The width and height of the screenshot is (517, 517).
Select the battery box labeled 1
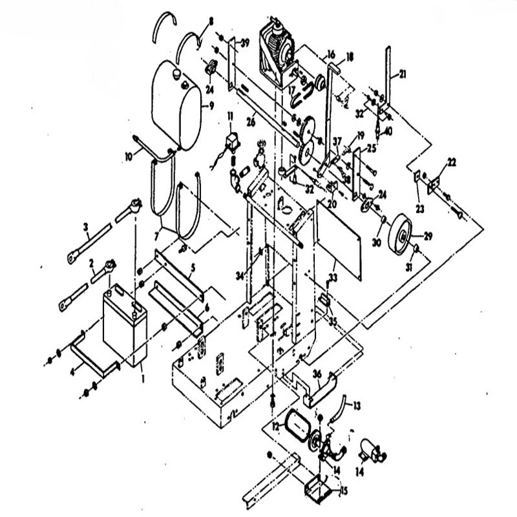pyautogui.click(x=124, y=326)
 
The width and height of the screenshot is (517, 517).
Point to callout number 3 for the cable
pyautogui.click(x=85, y=227)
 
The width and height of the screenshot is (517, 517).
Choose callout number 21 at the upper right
pyautogui.click(x=402, y=76)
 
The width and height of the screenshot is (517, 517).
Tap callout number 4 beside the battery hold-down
pyautogui.click(x=73, y=374)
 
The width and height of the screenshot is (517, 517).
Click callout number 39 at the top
pyautogui.click(x=245, y=43)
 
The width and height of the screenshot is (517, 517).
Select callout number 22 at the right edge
pyautogui.click(x=452, y=162)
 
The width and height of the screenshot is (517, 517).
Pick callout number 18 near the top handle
pyautogui.click(x=350, y=57)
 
